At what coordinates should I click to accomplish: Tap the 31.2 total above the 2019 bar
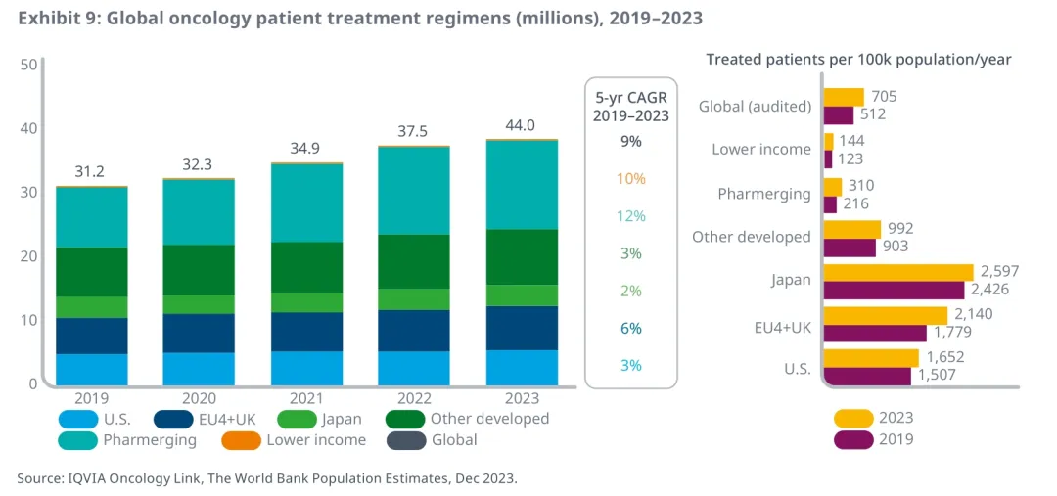tap(90, 171)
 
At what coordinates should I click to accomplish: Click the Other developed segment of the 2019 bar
tap(90, 272)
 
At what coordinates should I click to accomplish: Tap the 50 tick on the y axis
tap(28, 65)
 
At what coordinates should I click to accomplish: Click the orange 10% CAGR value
tap(631, 179)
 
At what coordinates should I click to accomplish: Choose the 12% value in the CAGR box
tap(631, 216)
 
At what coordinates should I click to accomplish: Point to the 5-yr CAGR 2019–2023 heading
tap(631, 106)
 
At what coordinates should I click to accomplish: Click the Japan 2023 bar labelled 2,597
tap(897, 272)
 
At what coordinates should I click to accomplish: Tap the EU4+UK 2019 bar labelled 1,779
tap(875, 333)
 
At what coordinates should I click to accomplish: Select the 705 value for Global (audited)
tap(884, 96)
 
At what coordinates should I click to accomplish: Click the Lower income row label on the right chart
tap(761, 150)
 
